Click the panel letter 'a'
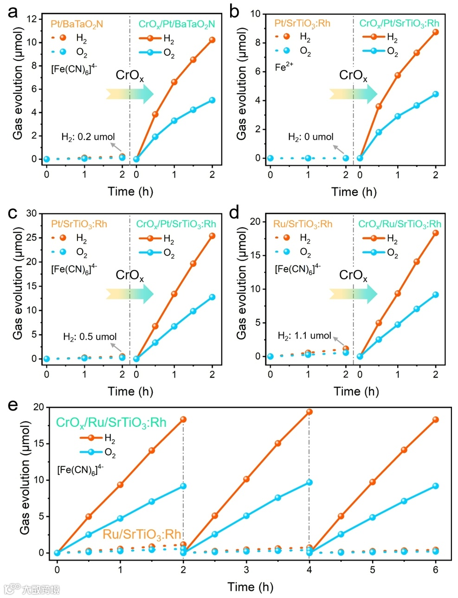tap(13, 12)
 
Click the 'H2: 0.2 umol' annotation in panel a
tap(88, 137)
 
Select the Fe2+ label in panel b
tap(284, 67)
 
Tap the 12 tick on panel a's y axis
tap(32, 19)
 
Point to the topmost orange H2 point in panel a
tap(212, 40)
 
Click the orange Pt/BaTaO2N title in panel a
tap(77, 24)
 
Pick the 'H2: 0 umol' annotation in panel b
tap(311, 137)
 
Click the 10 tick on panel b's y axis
tap(256, 13)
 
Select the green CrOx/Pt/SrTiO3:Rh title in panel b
tap(399, 23)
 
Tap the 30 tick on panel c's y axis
tap(32, 213)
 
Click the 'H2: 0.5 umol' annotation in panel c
tap(90, 337)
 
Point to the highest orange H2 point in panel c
tap(212, 236)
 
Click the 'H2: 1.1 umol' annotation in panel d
tap(304, 335)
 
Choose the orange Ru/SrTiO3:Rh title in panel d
tap(303, 224)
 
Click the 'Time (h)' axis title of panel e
tap(250, 587)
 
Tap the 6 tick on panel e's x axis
tap(435, 569)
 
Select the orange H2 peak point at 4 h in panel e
tap(309, 412)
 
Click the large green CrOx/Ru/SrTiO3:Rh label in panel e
tap(111, 422)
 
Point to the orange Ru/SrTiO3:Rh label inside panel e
tap(142, 534)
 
